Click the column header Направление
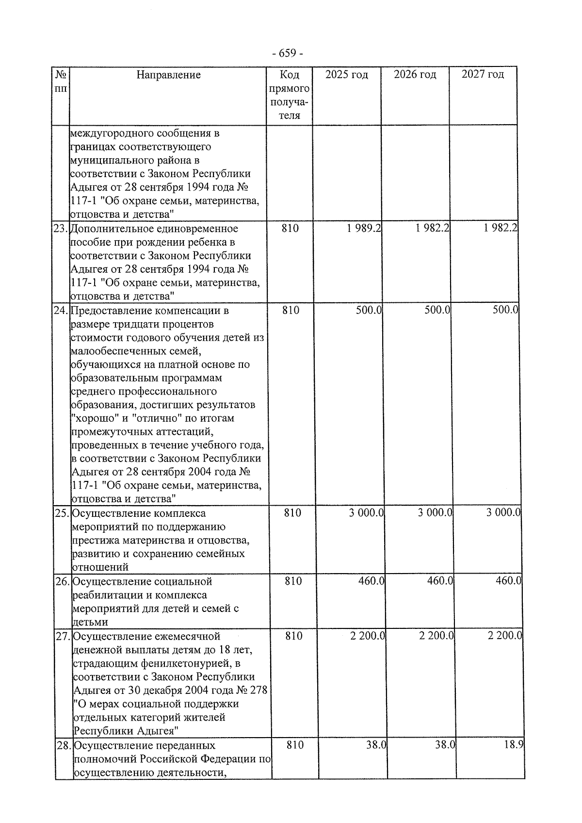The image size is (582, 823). point(168,75)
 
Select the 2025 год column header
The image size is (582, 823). point(346,75)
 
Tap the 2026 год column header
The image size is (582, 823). point(415,75)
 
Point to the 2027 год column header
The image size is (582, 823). point(483,74)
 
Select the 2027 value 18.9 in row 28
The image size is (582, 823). point(513,745)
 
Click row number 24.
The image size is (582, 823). point(61,311)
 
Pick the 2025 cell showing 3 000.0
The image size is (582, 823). point(366,513)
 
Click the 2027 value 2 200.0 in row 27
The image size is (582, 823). point(504,636)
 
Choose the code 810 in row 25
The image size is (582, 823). point(292,513)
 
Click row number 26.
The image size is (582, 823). point(63,581)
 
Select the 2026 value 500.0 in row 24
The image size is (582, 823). point(437,311)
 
